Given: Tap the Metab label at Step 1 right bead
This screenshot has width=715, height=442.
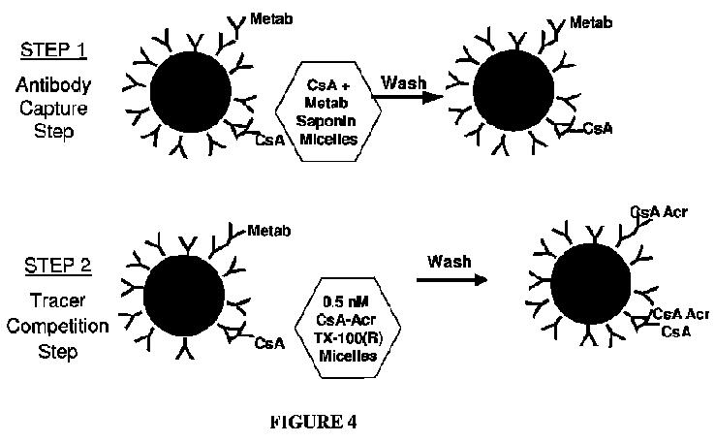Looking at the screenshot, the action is click(590, 21).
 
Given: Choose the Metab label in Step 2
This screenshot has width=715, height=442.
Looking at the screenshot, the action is click(267, 231).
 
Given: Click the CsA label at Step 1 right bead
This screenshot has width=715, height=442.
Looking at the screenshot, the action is click(599, 128).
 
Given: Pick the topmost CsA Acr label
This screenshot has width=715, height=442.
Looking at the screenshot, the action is click(658, 211).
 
